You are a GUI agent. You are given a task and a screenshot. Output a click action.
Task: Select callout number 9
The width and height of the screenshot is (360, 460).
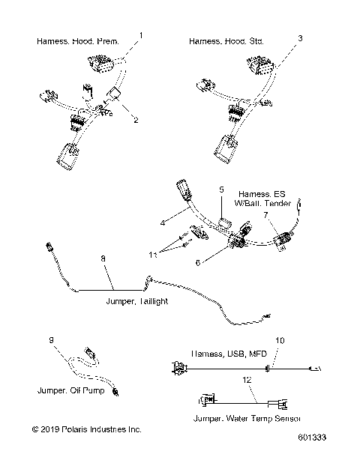click(x=52, y=342)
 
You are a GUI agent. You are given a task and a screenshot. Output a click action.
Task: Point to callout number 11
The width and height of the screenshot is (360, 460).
click(x=154, y=256)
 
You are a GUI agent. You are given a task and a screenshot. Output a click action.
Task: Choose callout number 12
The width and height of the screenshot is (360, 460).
click(x=246, y=381)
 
